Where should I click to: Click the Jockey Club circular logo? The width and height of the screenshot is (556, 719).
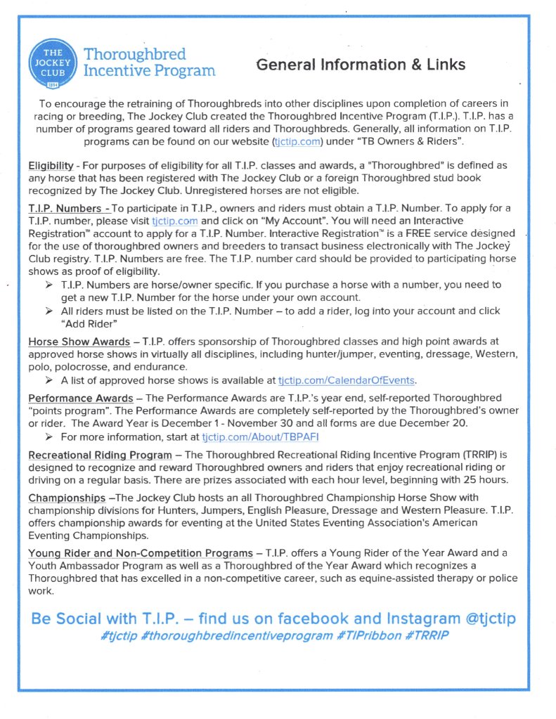[x=53, y=63]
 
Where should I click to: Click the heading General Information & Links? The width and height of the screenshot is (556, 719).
[x=361, y=65]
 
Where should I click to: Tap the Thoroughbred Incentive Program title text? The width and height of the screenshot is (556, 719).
[x=149, y=63]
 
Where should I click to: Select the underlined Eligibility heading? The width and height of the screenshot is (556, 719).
[x=51, y=166]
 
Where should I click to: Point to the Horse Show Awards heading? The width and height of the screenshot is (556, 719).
[x=79, y=342]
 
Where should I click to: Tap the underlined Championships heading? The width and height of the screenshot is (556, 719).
[x=67, y=498]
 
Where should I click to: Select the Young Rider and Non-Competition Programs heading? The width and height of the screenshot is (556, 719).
[x=141, y=553]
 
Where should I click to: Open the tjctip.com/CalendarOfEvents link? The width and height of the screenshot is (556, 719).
[x=347, y=381]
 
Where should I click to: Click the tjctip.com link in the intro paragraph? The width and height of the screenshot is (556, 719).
[x=297, y=142]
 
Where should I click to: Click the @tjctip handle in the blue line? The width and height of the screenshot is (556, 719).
[x=479, y=618]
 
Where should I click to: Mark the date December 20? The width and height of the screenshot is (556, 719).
[x=434, y=423]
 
